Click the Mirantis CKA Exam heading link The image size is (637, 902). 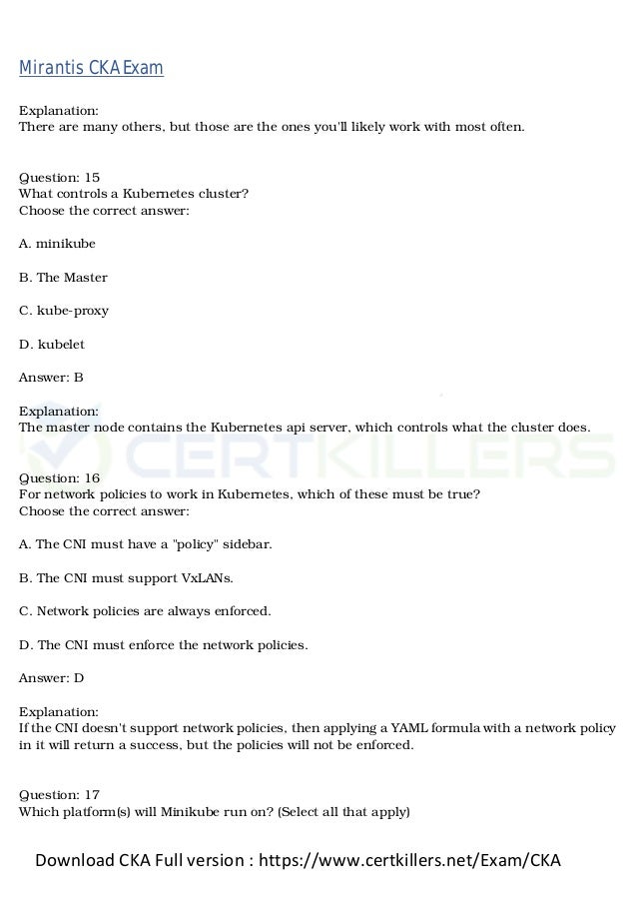pyautogui.click(x=91, y=68)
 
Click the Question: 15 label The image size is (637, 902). pyautogui.click(x=59, y=177)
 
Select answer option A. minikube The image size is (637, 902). pyautogui.click(x=57, y=243)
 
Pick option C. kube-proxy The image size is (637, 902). pyautogui.click(x=64, y=310)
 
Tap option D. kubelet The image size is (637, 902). pyautogui.click(x=52, y=344)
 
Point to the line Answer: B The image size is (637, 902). pyautogui.click(x=51, y=378)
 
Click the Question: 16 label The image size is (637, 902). pyautogui.click(x=59, y=478)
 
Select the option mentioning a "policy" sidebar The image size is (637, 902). pyautogui.click(x=145, y=544)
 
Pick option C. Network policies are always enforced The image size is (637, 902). pyautogui.click(x=145, y=610)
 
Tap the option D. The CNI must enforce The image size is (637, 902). pyautogui.click(x=164, y=644)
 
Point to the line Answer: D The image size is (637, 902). pyautogui.click(x=51, y=677)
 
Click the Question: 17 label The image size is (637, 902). pyautogui.click(x=59, y=794)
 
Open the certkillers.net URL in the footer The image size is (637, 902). pyautogui.click(x=409, y=860)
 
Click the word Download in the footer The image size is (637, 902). pyautogui.click(x=77, y=860)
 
